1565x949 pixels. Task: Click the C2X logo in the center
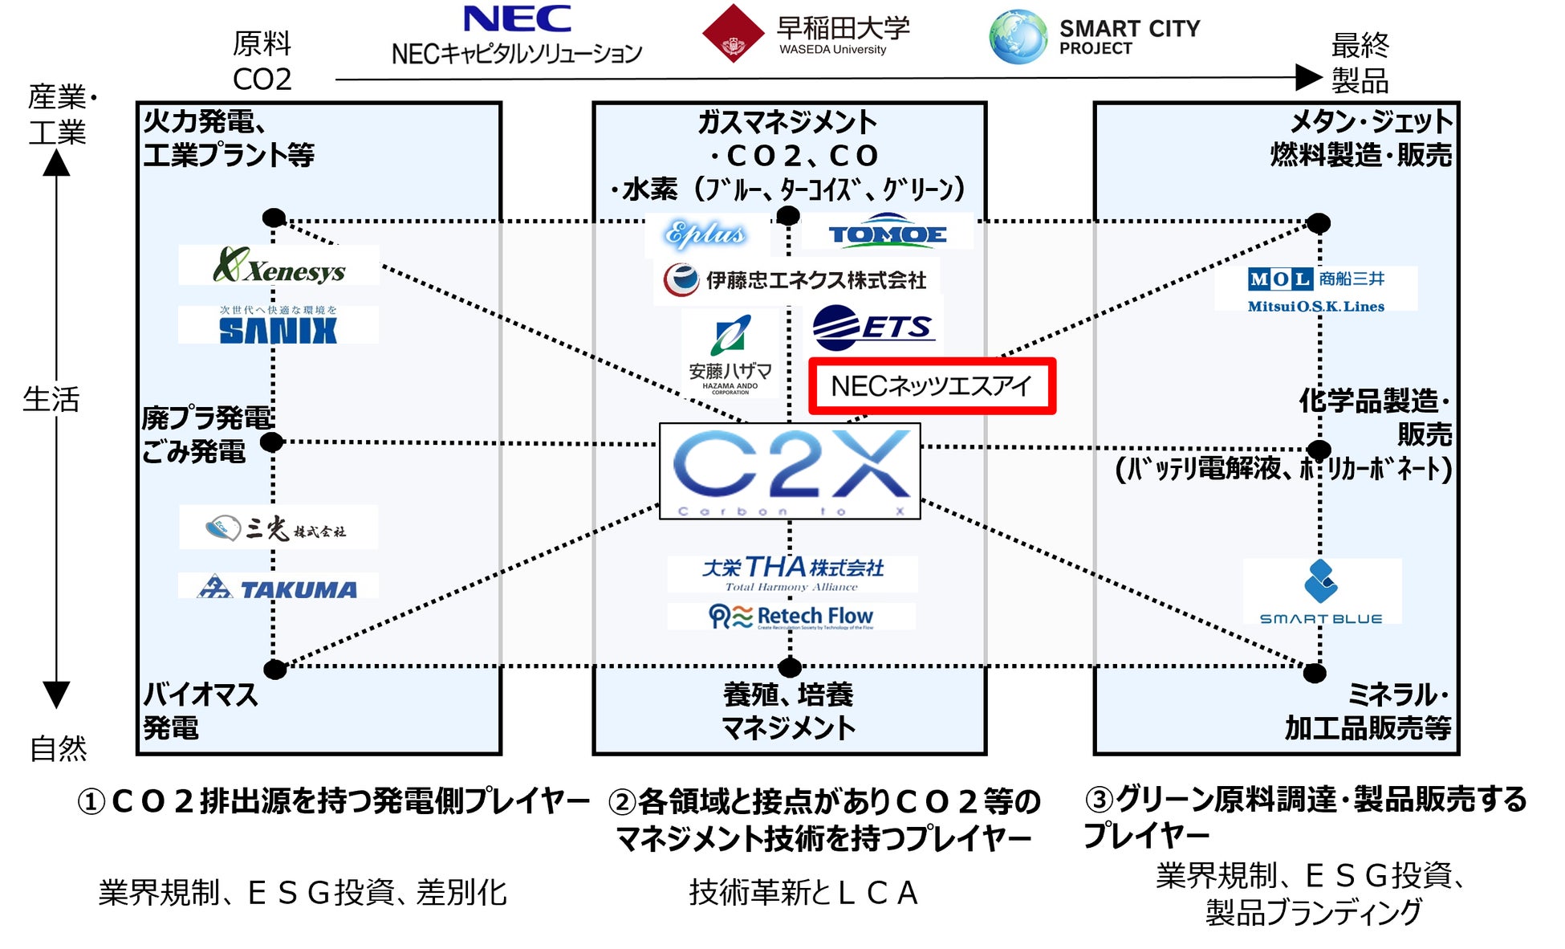tap(790, 471)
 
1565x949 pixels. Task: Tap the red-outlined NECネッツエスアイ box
tap(931, 386)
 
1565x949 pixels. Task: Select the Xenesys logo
tap(279, 266)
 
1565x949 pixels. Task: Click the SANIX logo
tap(278, 326)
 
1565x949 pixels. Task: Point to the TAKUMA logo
tap(278, 589)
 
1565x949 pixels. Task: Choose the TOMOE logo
tap(887, 231)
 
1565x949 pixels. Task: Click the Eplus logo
tap(705, 233)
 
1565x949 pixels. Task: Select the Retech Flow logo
tap(791, 617)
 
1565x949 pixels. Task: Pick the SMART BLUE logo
tap(1321, 593)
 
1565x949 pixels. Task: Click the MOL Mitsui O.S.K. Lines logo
tap(1316, 289)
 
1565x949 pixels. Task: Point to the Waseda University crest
tap(733, 34)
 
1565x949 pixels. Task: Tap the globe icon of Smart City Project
tap(1018, 37)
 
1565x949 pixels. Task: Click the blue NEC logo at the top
tap(518, 19)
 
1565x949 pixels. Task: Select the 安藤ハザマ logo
tap(730, 354)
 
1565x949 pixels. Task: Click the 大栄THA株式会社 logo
tap(792, 573)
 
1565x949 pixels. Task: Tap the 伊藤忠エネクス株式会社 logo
tap(795, 280)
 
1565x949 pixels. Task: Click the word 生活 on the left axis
tap(51, 399)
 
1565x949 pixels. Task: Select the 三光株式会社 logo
tap(278, 527)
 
